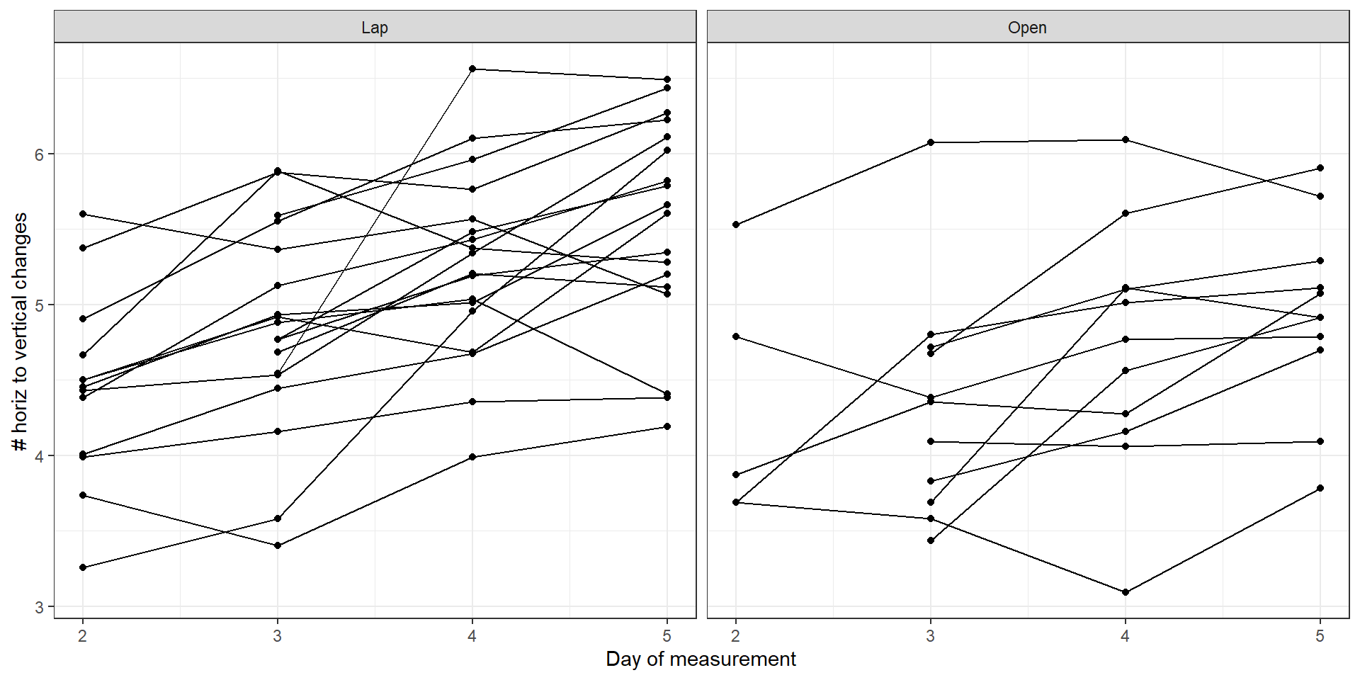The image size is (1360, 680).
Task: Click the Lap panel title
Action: [375, 28]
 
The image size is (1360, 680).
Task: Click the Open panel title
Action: [1027, 28]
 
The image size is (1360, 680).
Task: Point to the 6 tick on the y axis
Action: [39, 154]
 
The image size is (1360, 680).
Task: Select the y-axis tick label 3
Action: [39, 607]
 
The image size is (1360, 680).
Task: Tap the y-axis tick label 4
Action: [39, 456]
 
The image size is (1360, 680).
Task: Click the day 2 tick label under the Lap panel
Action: [83, 636]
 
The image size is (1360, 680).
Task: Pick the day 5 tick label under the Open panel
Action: [1320, 636]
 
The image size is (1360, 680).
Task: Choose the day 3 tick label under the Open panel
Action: [931, 636]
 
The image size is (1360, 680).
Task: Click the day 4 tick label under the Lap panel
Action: [472, 636]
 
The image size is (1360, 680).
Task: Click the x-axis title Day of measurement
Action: [701, 659]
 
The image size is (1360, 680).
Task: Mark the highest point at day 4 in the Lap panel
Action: [472, 69]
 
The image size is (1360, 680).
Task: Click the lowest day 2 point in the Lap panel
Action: [83, 567]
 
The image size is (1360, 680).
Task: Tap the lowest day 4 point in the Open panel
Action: [1126, 592]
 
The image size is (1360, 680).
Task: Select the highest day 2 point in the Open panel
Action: [736, 225]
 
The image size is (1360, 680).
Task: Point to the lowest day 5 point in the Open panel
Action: [1320, 488]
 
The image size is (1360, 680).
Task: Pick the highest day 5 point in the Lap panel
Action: [667, 79]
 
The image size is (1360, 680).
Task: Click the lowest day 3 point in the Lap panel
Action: [278, 545]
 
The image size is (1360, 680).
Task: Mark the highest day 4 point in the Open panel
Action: [1126, 140]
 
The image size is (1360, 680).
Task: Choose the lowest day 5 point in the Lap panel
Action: [667, 426]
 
